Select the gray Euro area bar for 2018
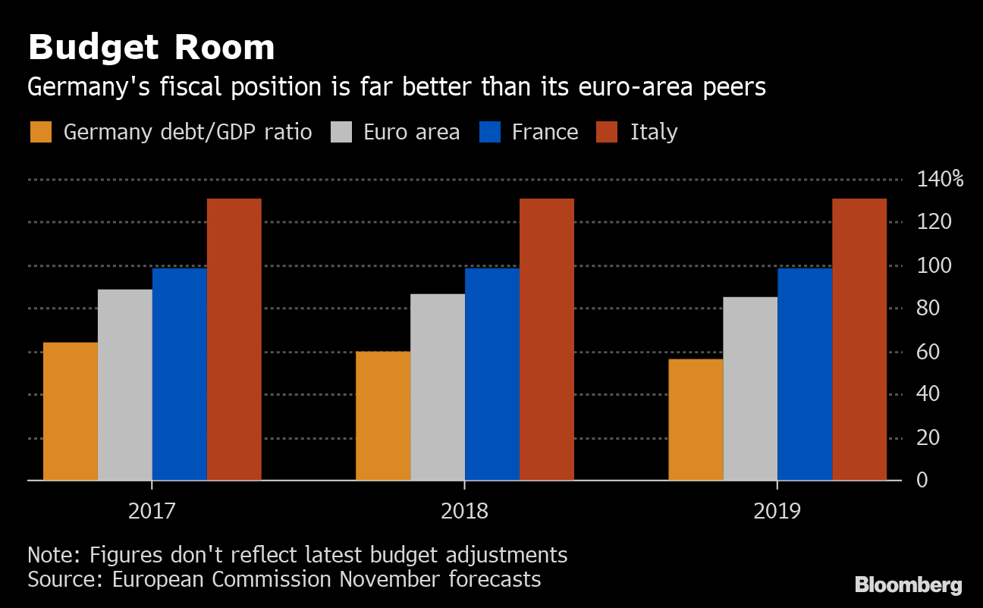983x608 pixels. [438, 387]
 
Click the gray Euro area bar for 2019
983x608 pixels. [750, 388]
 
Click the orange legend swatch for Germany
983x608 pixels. [41, 132]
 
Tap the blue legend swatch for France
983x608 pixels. [490, 132]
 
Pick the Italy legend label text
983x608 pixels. [653, 132]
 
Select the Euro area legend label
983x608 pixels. [411, 132]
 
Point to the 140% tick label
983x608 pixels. [939, 180]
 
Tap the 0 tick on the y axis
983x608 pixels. [922, 480]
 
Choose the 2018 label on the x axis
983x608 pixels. [465, 511]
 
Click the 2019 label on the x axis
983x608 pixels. [777, 511]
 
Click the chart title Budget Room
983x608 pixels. [151, 49]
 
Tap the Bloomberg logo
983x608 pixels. [908, 584]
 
